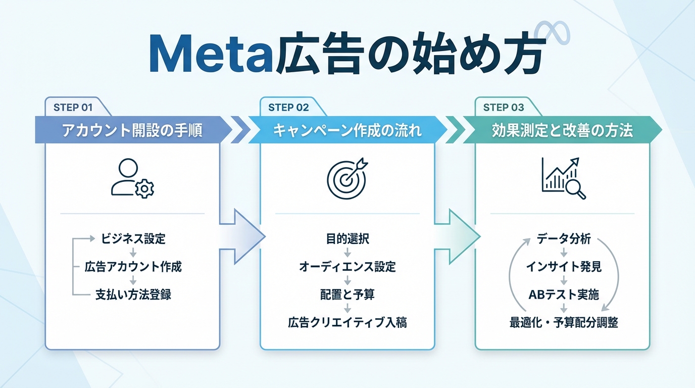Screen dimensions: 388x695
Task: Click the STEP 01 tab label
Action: (x=73, y=107)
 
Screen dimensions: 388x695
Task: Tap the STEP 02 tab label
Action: (x=288, y=107)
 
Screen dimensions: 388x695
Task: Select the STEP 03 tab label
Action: (x=504, y=107)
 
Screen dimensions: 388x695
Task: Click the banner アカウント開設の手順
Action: (x=132, y=131)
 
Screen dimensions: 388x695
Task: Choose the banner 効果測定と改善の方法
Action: (x=562, y=131)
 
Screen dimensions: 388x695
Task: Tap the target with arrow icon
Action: (x=347, y=179)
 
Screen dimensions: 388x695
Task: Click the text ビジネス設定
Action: (x=133, y=239)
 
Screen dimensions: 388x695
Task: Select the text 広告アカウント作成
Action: (x=133, y=267)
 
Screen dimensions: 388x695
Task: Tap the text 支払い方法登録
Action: (x=133, y=295)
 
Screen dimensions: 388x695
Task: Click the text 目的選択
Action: (x=347, y=239)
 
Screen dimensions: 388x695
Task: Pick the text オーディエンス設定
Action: (x=347, y=267)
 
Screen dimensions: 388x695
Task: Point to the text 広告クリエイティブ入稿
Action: (x=347, y=322)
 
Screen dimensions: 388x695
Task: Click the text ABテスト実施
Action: (x=563, y=295)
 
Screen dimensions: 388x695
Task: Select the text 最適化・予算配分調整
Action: (x=563, y=322)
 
